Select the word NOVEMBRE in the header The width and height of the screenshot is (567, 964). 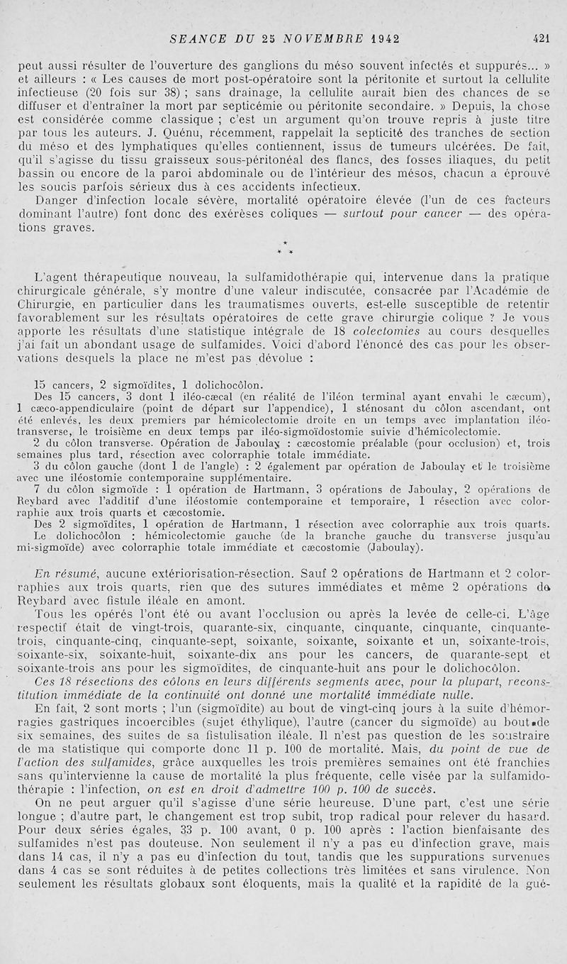click(315, 38)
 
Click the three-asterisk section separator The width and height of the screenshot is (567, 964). click(283, 249)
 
